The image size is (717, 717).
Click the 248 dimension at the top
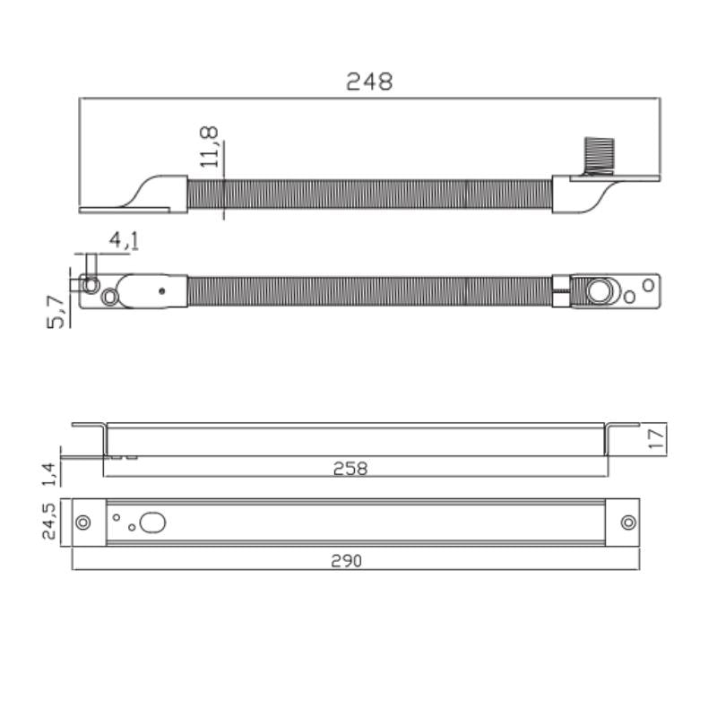[369, 82]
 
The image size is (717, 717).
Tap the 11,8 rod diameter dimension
[209, 147]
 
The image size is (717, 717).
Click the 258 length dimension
[350, 468]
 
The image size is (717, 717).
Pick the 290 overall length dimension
[346, 560]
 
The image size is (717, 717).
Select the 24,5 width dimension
[49, 522]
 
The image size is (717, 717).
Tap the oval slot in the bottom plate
[153, 522]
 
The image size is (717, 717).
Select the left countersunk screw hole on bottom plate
[83, 523]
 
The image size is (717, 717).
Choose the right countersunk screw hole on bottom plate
[628, 523]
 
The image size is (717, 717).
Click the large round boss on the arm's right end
[599, 290]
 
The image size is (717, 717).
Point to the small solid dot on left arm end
[161, 290]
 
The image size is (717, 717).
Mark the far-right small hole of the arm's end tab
[647, 286]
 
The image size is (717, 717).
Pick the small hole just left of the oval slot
[132, 527]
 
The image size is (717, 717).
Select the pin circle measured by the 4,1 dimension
[90, 285]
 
